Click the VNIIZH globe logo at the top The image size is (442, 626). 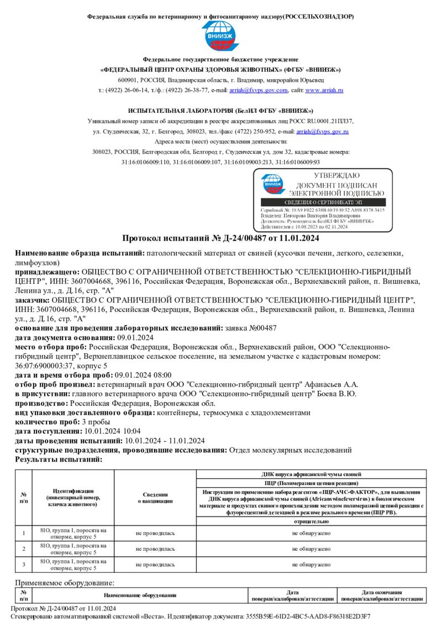[x=220, y=36]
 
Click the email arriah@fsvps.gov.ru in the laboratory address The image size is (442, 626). [x=322, y=132]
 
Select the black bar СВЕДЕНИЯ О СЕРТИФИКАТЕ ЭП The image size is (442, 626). [x=323, y=203]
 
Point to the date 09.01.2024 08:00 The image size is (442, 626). [x=143, y=374]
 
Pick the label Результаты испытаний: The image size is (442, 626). [x=58, y=459]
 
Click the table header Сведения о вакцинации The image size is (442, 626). [x=155, y=497]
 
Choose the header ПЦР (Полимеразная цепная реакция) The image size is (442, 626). [x=312, y=483]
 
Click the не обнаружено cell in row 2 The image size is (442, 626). [x=312, y=549]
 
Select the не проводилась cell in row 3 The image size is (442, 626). [x=155, y=565]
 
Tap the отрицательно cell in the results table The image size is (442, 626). [x=312, y=521]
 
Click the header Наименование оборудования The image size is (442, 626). [x=140, y=595]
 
